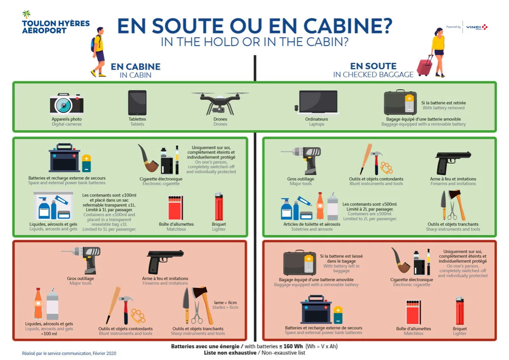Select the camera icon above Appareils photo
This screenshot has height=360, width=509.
click(67, 103)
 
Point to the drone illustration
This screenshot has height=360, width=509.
click(220, 102)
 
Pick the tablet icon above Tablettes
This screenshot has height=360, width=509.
click(137, 103)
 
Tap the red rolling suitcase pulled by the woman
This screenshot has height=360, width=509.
click(425, 67)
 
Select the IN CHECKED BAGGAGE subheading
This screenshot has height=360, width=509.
click(373, 75)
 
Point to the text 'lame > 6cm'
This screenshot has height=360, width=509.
click(225, 302)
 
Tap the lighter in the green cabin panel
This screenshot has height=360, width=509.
click(219, 207)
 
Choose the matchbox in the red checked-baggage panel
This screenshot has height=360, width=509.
click(413, 312)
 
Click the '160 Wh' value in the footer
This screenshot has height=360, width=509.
click(292, 346)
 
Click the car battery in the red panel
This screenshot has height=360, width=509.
click(316, 312)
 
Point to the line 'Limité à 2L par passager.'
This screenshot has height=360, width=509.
click(369, 209)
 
